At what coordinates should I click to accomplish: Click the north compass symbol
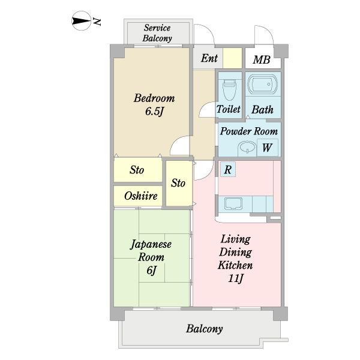(x=81, y=21)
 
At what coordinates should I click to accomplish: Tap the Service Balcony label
(x=157, y=33)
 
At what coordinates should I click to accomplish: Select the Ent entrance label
(x=209, y=58)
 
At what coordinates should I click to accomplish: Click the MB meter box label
(x=262, y=59)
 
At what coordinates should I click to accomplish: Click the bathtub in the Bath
(x=262, y=84)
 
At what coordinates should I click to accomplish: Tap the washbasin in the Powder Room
(x=247, y=147)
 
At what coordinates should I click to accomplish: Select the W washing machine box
(x=267, y=148)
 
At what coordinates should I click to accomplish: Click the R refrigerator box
(x=228, y=169)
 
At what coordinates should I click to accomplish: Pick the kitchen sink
(x=233, y=203)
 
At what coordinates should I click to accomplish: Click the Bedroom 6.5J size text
(x=154, y=112)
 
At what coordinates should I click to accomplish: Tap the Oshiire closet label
(x=141, y=196)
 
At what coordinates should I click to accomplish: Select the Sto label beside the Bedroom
(x=137, y=170)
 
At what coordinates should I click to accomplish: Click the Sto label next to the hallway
(x=178, y=183)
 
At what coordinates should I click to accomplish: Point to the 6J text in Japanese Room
(x=151, y=270)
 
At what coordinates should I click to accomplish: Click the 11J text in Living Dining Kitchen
(x=236, y=278)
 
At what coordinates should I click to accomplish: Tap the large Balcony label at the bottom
(x=204, y=329)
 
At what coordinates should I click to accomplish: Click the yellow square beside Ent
(x=232, y=58)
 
